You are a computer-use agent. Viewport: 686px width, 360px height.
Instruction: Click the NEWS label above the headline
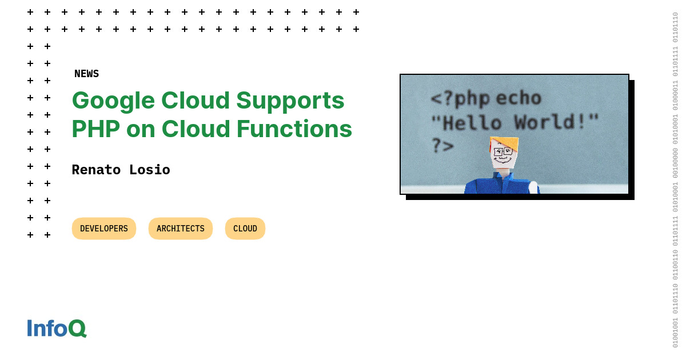[x=86, y=74]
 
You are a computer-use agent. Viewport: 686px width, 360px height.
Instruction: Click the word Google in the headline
[x=113, y=101]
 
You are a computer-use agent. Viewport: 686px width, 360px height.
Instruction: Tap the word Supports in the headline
[x=290, y=101]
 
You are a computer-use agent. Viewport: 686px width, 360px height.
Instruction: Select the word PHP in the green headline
[x=95, y=129]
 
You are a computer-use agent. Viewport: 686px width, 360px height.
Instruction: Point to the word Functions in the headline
[x=294, y=129]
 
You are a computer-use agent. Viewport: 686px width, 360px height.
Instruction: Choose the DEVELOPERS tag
[x=104, y=229]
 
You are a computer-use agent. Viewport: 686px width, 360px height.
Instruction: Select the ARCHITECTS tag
[x=181, y=229]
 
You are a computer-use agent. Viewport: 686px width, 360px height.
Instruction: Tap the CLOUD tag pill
[x=245, y=229]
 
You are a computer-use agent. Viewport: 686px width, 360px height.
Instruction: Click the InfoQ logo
[x=57, y=328]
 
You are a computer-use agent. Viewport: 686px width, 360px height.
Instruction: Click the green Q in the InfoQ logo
[x=77, y=329]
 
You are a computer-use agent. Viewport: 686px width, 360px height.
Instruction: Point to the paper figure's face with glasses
[x=503, y=155]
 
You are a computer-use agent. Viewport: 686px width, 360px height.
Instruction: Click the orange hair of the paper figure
[x=505, y=143]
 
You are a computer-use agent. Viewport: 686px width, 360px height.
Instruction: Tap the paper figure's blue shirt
[x=497, y=185]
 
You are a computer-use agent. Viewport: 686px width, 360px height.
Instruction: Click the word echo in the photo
[x=519, y=98]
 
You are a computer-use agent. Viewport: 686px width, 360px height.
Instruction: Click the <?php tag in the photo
[x=460, y=98]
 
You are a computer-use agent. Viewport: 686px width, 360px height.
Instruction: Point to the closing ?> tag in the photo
[x=442, y=146]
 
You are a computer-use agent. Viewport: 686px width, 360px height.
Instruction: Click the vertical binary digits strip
[x=675, y=180]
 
